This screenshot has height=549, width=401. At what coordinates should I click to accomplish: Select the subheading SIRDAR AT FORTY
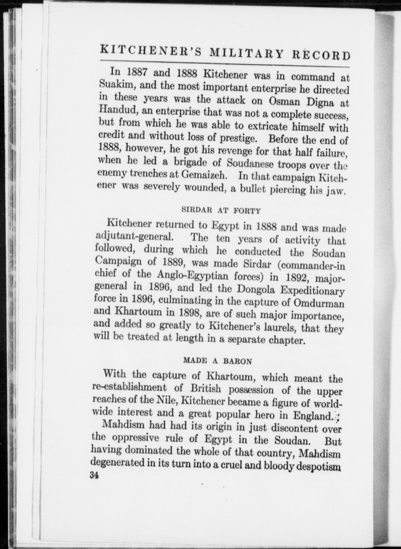pyautogui.click(x=221, y=210)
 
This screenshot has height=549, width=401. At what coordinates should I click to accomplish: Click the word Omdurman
pyautogui.click(x=319, y=303)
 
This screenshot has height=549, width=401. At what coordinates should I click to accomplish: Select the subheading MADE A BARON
pyautogui.click(x=217, y=361)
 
